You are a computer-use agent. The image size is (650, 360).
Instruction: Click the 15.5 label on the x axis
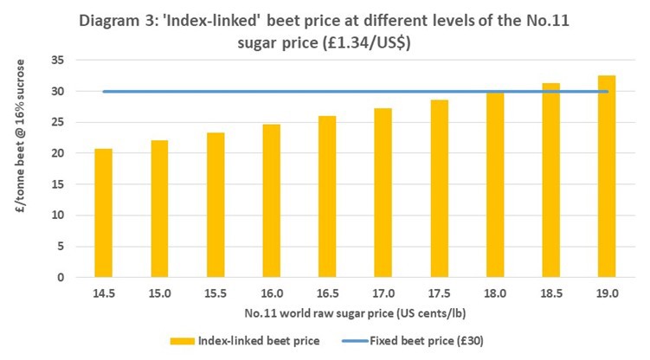click(x=216, y=294)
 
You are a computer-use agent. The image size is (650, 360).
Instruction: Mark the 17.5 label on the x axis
click(x=439, y=294)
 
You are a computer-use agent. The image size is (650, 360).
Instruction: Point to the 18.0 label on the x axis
click(x=494, y=294)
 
